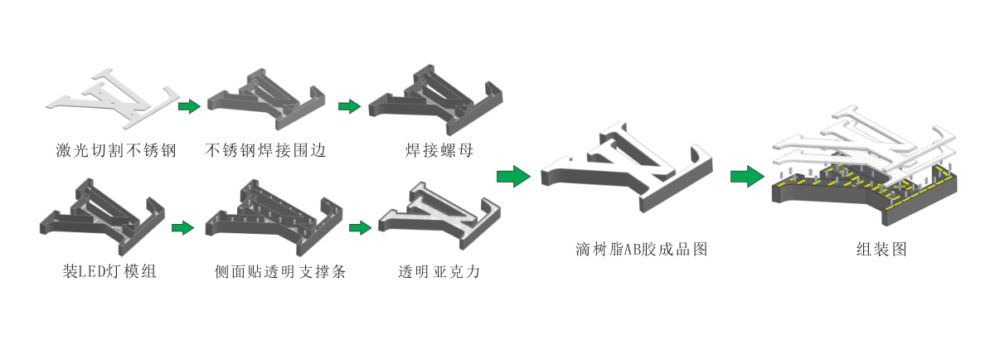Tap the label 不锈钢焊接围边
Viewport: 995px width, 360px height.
(265, 151)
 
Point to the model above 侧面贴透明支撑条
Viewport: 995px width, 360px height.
(274, 220)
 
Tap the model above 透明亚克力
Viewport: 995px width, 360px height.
(438, 217)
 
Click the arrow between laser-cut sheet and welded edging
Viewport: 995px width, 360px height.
(190, 106)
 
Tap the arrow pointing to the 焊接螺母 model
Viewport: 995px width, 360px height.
(349, 106)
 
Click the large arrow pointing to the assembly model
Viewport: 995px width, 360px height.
(746, 176)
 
